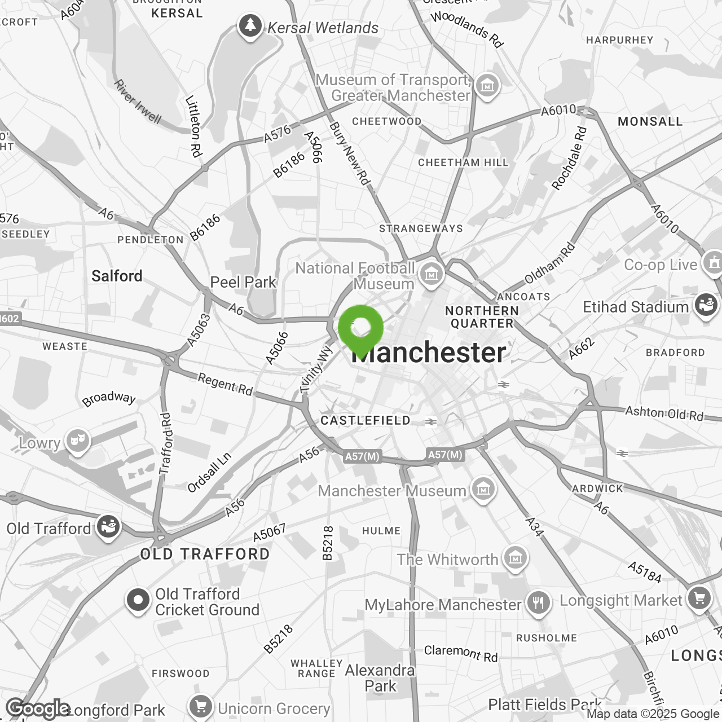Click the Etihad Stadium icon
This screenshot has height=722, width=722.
pos(705,306)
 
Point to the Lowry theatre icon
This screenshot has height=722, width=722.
pos(77,442)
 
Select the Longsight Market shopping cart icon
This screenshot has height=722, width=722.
pos(699,599)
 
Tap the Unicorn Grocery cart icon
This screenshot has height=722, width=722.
pos(200,707)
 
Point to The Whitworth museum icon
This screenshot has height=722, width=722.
pos(515,558)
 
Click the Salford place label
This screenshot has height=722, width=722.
pos(117,276)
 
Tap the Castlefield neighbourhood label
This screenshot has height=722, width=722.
pos(366,420)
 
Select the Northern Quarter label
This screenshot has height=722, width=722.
pos(482,317)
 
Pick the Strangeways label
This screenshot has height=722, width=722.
pos(421,228)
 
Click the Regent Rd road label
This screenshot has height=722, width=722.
pos(225,385)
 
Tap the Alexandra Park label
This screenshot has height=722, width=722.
pos(380,678)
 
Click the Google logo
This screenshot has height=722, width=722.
pos(38,708)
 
